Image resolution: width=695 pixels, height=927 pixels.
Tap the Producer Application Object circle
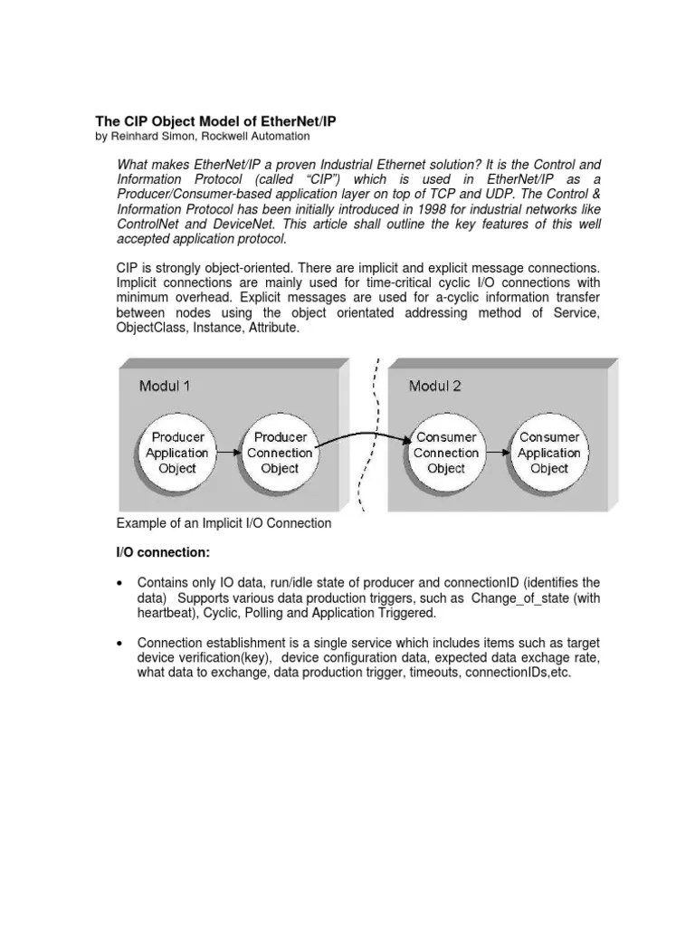click(x=177, y=453)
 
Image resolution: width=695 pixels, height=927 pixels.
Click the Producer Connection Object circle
click(x=280, y=453)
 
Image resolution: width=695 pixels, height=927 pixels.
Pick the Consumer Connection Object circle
click(x=446, y=453)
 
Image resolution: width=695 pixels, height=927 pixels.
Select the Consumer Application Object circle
click(x=548, y=453)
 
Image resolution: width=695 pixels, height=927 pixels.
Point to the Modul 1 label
click(x=165, y=387)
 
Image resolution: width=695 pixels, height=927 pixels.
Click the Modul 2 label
click(x=434, y=387)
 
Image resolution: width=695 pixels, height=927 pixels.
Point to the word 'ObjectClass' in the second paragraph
click(x=152, y=328)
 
